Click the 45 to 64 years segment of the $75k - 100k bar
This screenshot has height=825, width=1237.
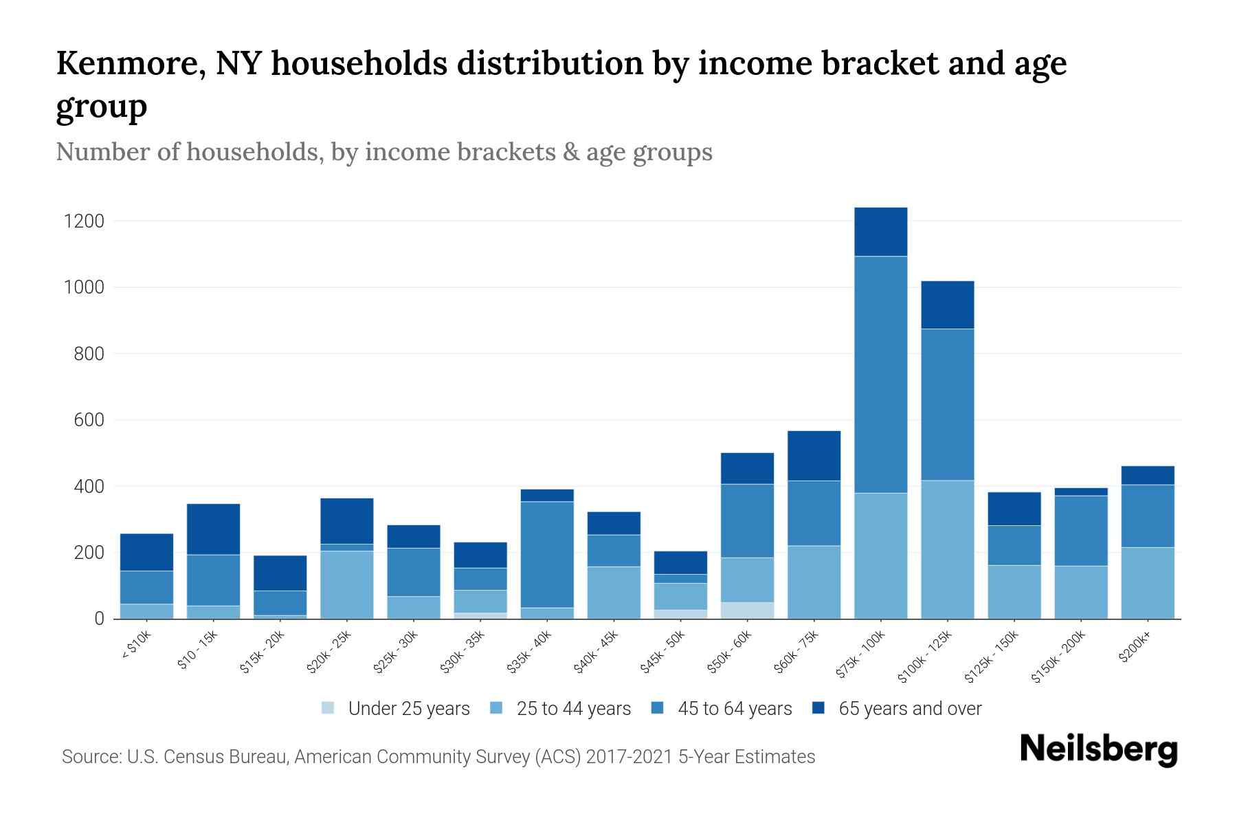pos(880,375)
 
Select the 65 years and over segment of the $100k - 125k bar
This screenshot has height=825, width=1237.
pos(947,305)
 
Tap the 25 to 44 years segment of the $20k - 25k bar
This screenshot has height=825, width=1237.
pos(346,584)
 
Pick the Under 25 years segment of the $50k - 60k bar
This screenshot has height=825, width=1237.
pos(747,610)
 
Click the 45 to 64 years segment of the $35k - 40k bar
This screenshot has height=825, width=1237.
pos(547,554)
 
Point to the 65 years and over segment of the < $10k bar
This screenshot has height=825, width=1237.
pos(146,552)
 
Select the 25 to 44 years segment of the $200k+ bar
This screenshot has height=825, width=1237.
pos(1147,583)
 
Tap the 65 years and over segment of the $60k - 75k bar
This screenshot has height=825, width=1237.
pos(814,456)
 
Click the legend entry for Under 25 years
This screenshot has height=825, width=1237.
pos(409,709)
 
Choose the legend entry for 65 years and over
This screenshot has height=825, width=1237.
pos(910,709)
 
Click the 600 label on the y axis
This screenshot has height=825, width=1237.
pos(89,420)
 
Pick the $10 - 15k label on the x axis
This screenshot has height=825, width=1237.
pos(197,649)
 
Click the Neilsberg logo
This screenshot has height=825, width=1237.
pos(1098,749)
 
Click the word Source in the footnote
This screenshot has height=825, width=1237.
pos(90,757)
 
